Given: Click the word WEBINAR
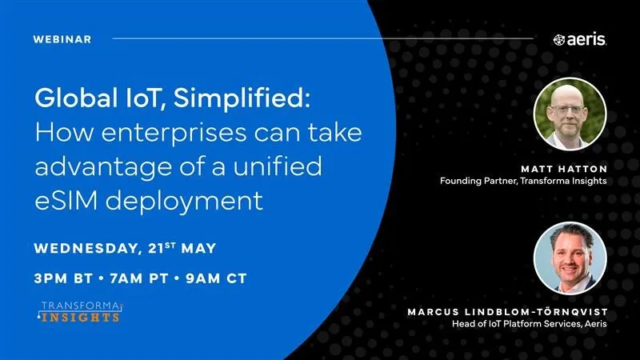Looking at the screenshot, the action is pyautogui.click(x=62, y=39).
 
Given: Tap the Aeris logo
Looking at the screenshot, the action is pyautogui.click(x=579, y=39).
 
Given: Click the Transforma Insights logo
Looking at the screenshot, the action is pyautogui.click(x=81, y=312).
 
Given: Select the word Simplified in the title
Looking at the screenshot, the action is pyautogui.click(x=242, y=99).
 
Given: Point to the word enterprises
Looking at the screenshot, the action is pyautogui.click(x=174, y=134).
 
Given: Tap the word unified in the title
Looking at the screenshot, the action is pyautogui.click(x=278, y=166).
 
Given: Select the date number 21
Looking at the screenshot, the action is pyautogui.click(x=155, y=248).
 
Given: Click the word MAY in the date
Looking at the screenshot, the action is pyautogui.click(x=198, y=248).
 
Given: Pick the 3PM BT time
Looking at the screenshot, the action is pyautogui.click(x=63, y=278).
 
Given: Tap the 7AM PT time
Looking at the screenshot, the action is pyautogui.click(x=139, y=278).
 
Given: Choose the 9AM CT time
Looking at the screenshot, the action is pyautogui.click(x=216, y=278).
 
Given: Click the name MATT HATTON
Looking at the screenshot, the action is pyautogui.click(x=564, y=169).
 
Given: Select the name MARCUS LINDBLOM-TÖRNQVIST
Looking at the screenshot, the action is pyautogui.click(x=507, y=312).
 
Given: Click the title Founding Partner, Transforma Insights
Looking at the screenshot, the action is pyautogui.click(x=523, y=181).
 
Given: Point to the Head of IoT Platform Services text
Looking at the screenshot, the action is pyautogui.click(x=516, y=324).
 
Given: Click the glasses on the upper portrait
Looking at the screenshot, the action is pyautogui.click(x=568, y=110).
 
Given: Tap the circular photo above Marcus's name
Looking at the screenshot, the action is pyautogui.click(x=570, y=258).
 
